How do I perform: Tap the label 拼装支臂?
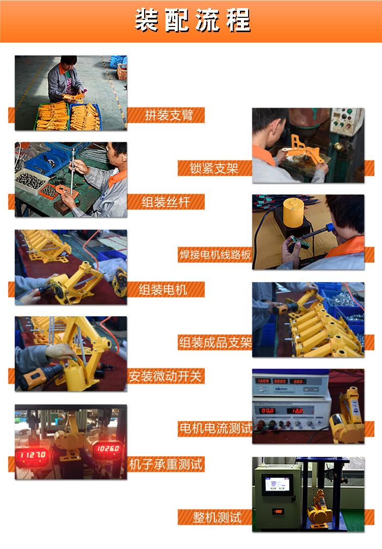tap(169, 115)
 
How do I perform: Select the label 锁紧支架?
tap(214, 168)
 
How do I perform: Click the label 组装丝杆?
tap(166, 202)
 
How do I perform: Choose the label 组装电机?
tap(163, 290)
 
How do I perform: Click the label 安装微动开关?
tap(166, 377)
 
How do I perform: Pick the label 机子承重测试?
tap(166, 464)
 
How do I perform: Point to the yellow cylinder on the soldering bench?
tap(292, 212)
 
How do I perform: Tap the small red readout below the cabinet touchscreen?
tap(278, 511)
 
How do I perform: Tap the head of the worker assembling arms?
tap(68, 64)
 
